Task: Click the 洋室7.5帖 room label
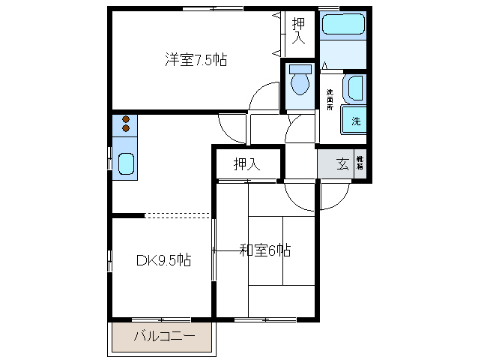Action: (x=196, y=59)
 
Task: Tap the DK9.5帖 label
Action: (x=163, y=260)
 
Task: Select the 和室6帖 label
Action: (x=264, y=250)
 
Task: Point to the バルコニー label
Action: (x=164, y=337)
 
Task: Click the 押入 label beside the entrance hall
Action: (x=246, y=164)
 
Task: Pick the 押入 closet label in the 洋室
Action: (x=299, y=31)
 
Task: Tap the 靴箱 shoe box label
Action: (x=360, y=163)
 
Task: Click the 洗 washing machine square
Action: (x=355, y=121)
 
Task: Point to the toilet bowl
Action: (x=301, y=84)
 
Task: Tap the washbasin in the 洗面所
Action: (x=352, y=89)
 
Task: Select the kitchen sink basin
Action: (x=126, y=163)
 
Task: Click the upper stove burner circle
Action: (x=126, y=119)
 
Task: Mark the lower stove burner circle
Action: (x=126, y=128)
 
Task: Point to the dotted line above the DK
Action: (x=178, y=215)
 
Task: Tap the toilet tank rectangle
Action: (x=301, y=69)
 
